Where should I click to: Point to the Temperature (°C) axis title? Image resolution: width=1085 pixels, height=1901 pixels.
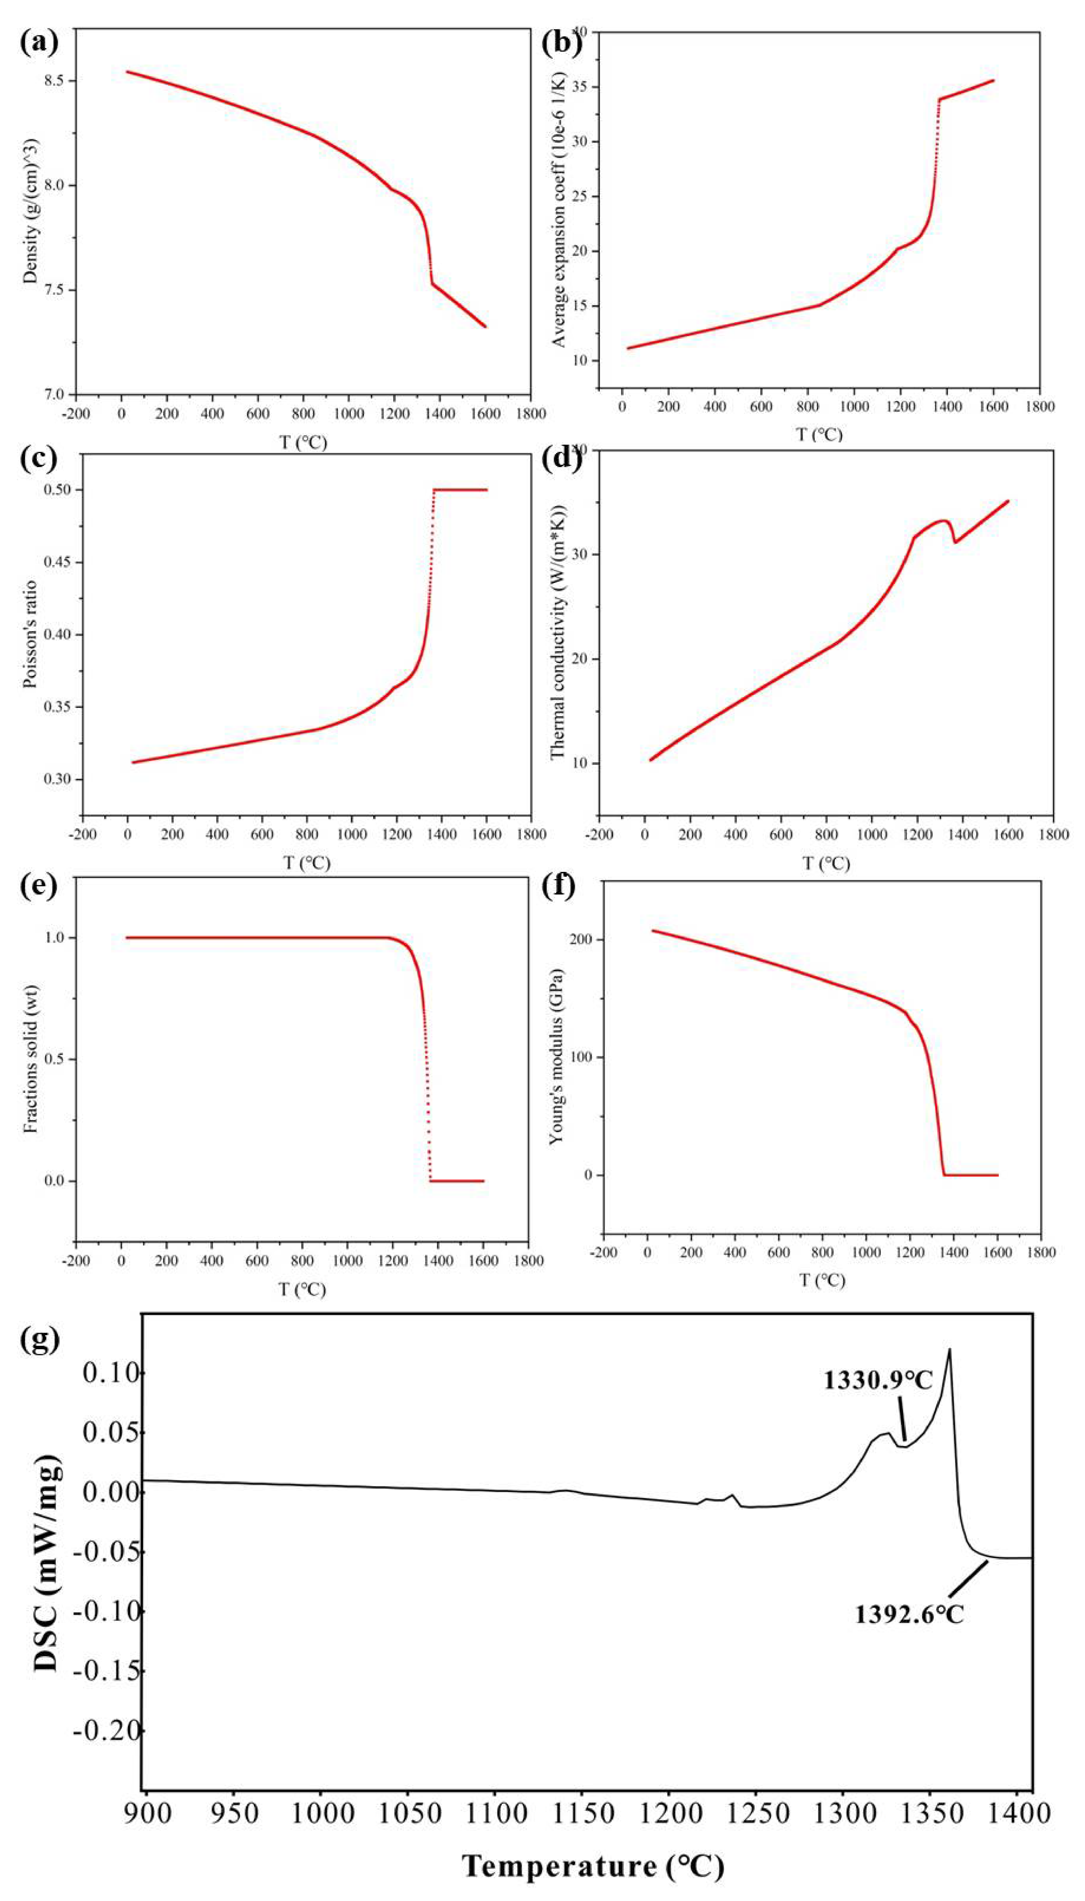(x=593, y=1866)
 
